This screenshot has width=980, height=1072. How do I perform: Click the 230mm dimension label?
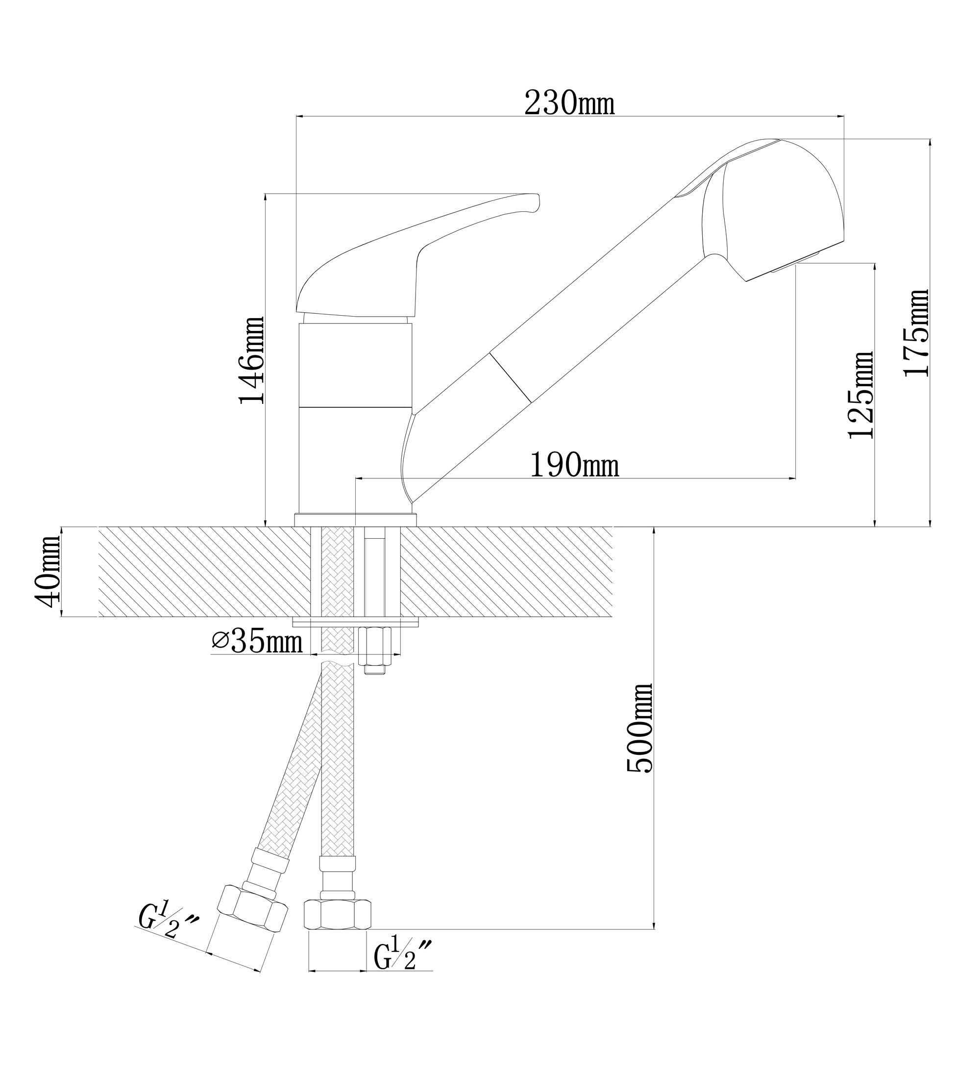pyautogui.click(x=569, y=102)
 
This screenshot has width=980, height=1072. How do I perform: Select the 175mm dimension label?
pyautogui.click(x=917, y=333)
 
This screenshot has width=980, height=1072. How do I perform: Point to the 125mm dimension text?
pyautogui.click(x=861, y=395)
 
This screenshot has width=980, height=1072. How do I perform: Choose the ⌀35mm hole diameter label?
pyautogui.click(x=257, y=641)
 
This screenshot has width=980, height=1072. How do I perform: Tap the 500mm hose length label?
pyautogui.click(x=640, y=728)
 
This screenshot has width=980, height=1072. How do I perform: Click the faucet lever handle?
pyautogui.click(x=417, y=256)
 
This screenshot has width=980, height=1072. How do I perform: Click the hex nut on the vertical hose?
pyautogui.click(x=337, y=914)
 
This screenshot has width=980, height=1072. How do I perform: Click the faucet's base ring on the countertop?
pyautogui.click(x=355, y=520)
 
